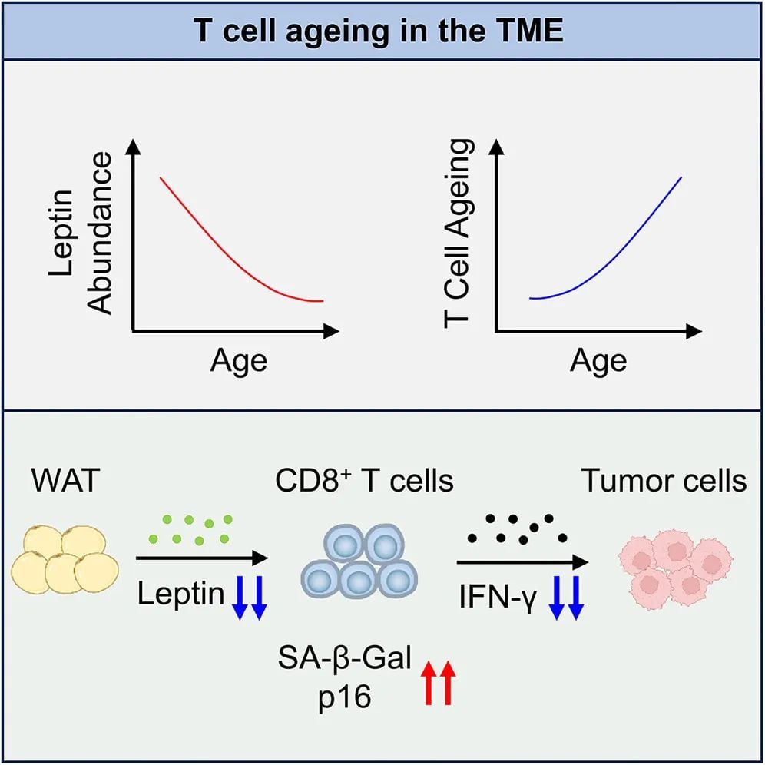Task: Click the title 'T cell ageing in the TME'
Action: pyautogui.click(x=382, y=31)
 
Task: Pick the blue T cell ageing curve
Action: pyautogui.click(x=614, y=246)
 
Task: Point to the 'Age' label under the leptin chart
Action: pyautogui.click(x=239, y=360)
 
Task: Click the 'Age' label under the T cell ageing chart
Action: pyautogui.click(x=598, y=360)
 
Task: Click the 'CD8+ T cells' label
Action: pyautogui.click(x=365, y=482)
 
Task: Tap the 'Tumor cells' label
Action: pyautogui.click(x=664, y=482)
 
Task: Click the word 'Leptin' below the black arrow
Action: pyautogui.click(x=180, y=594)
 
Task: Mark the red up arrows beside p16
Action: pyautogui.click(x=439, y=681)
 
